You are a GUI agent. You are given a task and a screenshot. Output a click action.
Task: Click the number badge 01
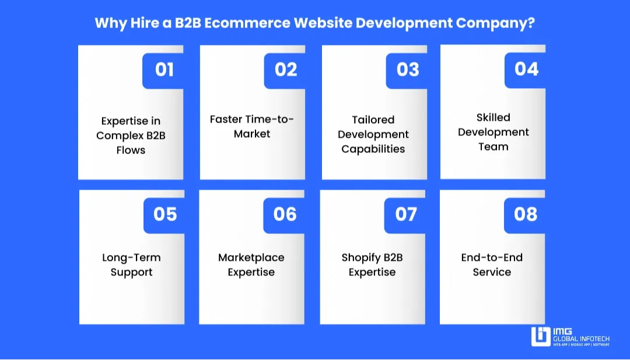(x=164, y=70)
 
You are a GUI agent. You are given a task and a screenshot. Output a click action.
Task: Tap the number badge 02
(x=286, y=70)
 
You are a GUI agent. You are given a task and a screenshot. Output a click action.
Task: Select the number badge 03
(x=408, y=70)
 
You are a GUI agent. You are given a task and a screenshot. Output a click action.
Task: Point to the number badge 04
(x=526, y=69)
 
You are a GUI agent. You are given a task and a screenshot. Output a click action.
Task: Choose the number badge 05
(x=165, y=214)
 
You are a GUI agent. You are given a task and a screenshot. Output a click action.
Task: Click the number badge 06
(x=285, y=214)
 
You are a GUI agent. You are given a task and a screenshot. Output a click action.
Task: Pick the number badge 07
(x=406, y=214)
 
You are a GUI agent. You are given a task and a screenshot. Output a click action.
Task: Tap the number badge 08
(x=526, y=214)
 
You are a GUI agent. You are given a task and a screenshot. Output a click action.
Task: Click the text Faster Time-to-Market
(x=252, y=127)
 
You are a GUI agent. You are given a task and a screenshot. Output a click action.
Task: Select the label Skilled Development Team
(x=494, y=132)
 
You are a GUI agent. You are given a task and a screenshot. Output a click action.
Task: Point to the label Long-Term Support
(x=132, y=265)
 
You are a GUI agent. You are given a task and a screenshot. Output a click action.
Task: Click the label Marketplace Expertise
(x=251, y=265)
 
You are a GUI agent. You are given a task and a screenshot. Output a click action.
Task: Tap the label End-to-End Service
(x=492, y=265)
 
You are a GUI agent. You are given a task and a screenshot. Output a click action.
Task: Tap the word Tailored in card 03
(x=373, y=120)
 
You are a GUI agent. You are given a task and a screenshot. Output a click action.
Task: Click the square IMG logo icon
(x=541, y=337)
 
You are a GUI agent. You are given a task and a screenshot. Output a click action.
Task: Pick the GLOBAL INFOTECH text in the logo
(x=582, y=338)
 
